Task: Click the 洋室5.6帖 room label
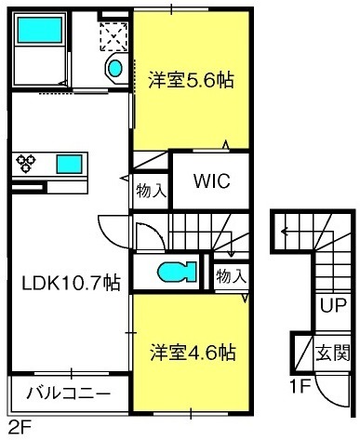tap(191, 80)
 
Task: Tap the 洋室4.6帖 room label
tap(193, 353)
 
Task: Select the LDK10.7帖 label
tap(71, 283)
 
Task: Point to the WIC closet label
tap(212, 180)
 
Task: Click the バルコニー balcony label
tap(69, 393)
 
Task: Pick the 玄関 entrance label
tap(333, 353)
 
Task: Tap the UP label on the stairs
tap(333, 305)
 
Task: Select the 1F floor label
tap(300, 386)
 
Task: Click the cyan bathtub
tap(40, 30)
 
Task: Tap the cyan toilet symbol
tap(177, 272)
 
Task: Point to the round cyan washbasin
tap(115, 68)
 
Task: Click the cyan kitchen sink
tap(69, 165)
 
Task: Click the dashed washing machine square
tap(113, 36)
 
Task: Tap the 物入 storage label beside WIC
tap(152, 191)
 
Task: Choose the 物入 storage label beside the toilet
tap(232, 276)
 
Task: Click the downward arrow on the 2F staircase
tap(231, 244)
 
